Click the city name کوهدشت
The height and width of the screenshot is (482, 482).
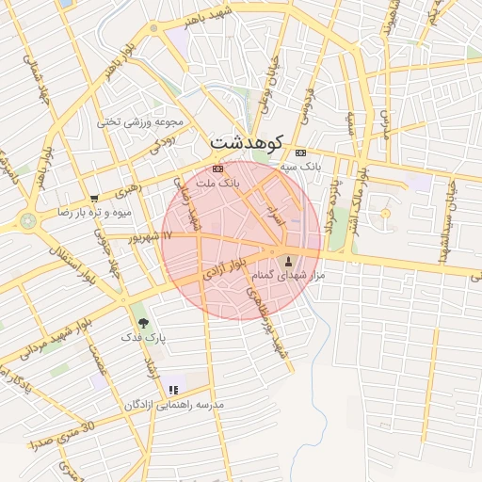[246, 142]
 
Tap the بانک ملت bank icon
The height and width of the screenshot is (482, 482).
[218, 169]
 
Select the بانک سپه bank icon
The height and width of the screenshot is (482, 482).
[300, 153]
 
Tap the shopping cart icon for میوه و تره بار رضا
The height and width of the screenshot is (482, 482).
[94, 198]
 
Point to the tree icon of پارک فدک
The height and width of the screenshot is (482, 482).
[143, 322]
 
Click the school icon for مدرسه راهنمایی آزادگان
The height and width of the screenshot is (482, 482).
[172, 390]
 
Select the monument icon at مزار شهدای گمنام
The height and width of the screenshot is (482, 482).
[288, 261]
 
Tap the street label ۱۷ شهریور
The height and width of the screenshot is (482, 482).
[153, 235]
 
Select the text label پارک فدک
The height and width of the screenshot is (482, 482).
[143, 336]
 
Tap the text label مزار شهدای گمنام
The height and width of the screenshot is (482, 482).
[288, 276]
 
